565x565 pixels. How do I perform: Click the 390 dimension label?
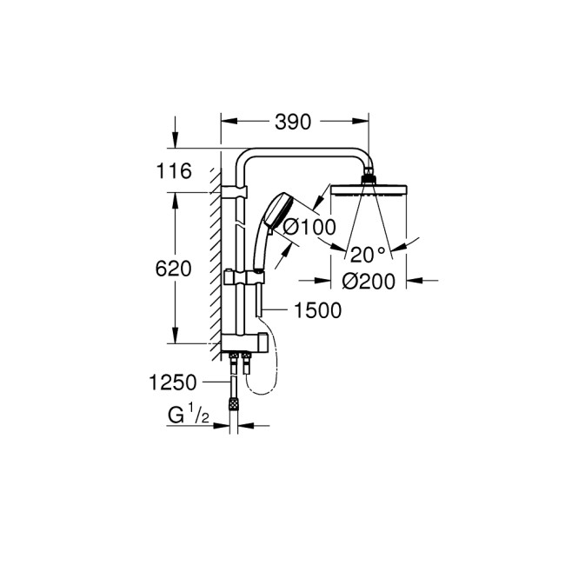click(x=293, y=123)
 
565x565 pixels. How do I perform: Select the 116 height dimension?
click(x=174, y=172)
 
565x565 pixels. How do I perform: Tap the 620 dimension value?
click(x=174, y=269)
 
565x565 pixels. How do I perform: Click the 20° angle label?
click(x=368, y=255)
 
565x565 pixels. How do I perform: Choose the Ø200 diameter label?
click(x=369, y=281)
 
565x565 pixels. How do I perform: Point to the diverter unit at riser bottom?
click(x=242, y=341)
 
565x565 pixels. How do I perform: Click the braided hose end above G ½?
click(x=233, y=403)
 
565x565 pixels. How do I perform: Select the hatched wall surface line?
click(x=214, y=261)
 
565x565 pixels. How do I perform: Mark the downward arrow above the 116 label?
click(x=176, y=139)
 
